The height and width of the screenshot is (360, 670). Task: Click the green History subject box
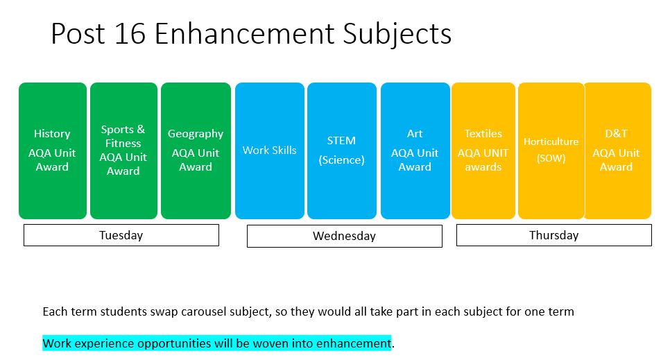click(53, 151)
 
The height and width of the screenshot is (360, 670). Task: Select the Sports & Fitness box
click(123, 151)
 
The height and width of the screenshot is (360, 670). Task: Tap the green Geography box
click(196, 151)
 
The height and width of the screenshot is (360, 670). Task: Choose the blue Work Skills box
click(270, 151)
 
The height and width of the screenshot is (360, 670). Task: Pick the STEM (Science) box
click(342, 151)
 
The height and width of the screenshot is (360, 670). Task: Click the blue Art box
click(415, 151)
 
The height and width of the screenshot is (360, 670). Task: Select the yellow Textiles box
click(483, 151)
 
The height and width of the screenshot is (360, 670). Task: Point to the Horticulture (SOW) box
click(551, 151)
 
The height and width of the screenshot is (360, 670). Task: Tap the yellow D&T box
click(618, 151)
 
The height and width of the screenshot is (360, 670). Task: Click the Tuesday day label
click(121, 235)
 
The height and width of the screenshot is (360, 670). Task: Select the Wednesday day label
click(345, 236)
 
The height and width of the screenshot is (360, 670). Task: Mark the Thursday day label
click(553, 235)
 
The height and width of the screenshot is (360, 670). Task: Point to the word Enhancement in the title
click(244, 34)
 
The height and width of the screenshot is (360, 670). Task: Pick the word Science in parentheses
click(342, 160)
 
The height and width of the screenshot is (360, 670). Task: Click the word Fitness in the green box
click(123, 143)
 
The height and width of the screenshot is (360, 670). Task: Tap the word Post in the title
click(78, 34)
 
